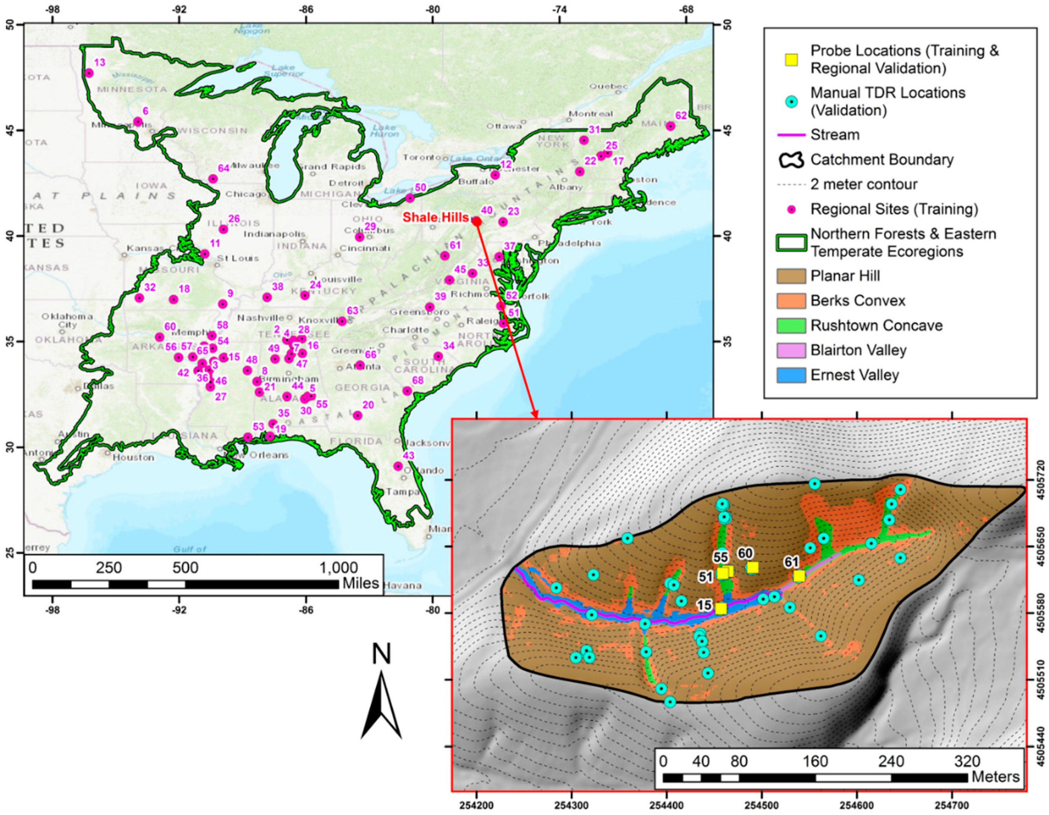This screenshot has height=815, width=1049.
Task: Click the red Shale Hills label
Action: [x=435, y=217]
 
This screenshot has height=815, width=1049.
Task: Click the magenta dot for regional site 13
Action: [x=89, y=73]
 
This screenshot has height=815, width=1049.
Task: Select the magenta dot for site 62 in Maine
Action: [x=671, y=126]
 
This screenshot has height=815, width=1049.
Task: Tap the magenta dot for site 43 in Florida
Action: [x=398, y=466]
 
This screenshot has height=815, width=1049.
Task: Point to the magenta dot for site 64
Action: [x=213, y=179]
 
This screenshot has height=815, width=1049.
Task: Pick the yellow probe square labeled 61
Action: [x=799, y=576]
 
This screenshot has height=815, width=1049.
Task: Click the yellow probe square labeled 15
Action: [x=721, y=609]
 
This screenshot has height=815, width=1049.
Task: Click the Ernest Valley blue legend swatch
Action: [x=791, y=375]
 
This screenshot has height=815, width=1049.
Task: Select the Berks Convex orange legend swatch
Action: [x=791, y=301]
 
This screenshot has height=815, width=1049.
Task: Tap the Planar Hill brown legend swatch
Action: [x=791, y=276]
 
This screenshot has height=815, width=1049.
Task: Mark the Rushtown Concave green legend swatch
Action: [x=791, y=325]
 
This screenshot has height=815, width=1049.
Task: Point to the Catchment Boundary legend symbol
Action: [x=791, y=160]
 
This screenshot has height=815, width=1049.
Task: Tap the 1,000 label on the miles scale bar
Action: [x=339, y=568]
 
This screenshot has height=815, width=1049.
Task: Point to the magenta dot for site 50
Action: [x=410, y=198]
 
